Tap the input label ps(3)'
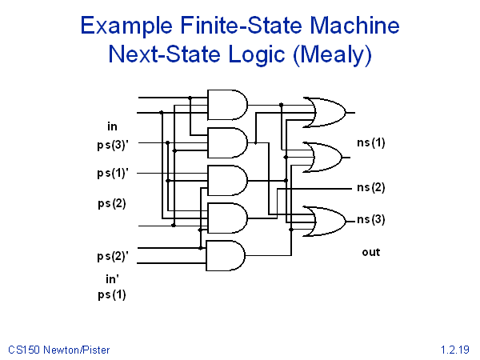pos(113,145)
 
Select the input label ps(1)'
pos(113,173)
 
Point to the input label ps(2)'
pos(113,256)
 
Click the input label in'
pos(113,279)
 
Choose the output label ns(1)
pos(370,143)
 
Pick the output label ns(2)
pos(370,188)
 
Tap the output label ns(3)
pos(370,219)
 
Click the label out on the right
pos(370,252)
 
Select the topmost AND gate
pos(227,104)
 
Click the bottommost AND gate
pos(226,255)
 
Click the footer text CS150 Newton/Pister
pos(59,350)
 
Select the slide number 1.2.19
pos(454,350)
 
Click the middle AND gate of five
pos(227,180)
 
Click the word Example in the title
pos(130,26)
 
